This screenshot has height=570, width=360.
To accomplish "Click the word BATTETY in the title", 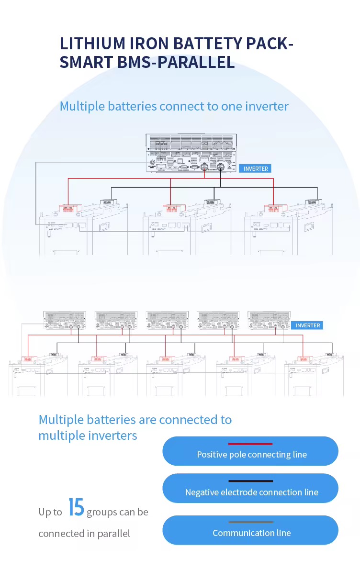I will point(211,44).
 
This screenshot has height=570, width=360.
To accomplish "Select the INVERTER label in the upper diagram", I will point(256,168).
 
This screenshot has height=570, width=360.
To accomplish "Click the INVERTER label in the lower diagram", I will point(307,325).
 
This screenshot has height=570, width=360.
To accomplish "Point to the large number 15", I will point(76,507).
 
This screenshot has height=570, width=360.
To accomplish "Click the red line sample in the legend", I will point(250,444).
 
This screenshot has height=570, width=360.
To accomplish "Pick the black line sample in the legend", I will point(250,481).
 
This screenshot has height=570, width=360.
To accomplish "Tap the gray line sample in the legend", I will point(250,522).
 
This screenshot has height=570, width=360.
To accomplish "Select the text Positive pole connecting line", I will point(252,454).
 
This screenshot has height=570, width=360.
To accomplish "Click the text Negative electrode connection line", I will point(252,492).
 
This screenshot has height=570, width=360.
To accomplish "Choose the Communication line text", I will point(252,533).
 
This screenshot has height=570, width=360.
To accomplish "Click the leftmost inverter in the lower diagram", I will point(64,320).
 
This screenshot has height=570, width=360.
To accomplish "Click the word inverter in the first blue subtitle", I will point(267,106).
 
